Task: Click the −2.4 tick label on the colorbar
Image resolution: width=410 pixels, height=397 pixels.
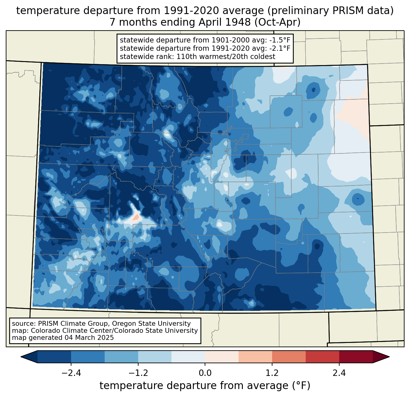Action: coord(71,373)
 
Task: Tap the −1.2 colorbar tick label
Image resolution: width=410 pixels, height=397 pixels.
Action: coord(138,373)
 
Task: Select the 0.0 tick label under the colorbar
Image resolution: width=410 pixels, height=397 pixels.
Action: coord(205,373)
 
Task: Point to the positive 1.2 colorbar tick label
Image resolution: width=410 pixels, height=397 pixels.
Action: coord(272,373)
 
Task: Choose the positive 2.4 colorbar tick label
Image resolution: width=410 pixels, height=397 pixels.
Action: coord(339,373)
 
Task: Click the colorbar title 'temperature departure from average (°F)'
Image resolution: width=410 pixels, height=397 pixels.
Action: coord(205,386)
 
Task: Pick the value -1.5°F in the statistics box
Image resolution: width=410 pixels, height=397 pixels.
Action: coord(279,40)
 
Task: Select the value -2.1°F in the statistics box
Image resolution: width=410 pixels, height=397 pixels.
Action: coord(279,48)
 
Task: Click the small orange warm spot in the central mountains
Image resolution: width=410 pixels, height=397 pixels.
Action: coord(135,218)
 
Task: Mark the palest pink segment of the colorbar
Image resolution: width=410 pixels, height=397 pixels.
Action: coord(222,357)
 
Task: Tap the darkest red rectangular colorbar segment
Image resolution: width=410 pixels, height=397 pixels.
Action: coord(356,357)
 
